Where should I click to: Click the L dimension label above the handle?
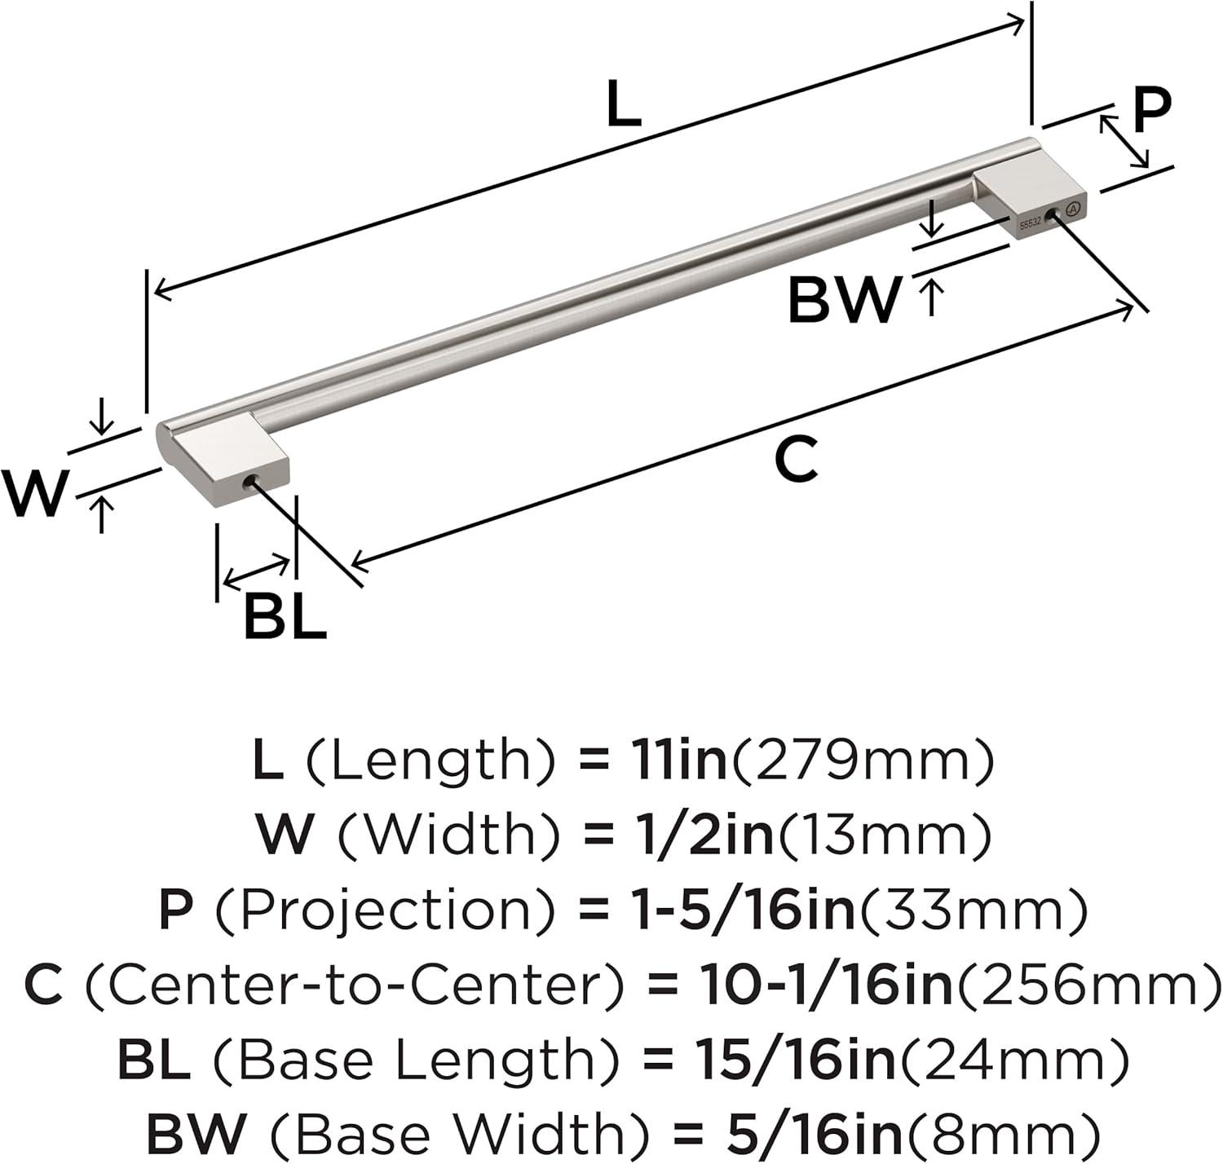click(623, 104)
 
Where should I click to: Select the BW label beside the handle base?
click(844, 300)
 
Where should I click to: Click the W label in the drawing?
click(34, 493)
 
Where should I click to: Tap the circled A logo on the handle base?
click(1073, 209)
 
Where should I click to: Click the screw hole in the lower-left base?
click(251, 480)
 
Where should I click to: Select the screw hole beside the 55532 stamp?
click(1051, 216)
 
